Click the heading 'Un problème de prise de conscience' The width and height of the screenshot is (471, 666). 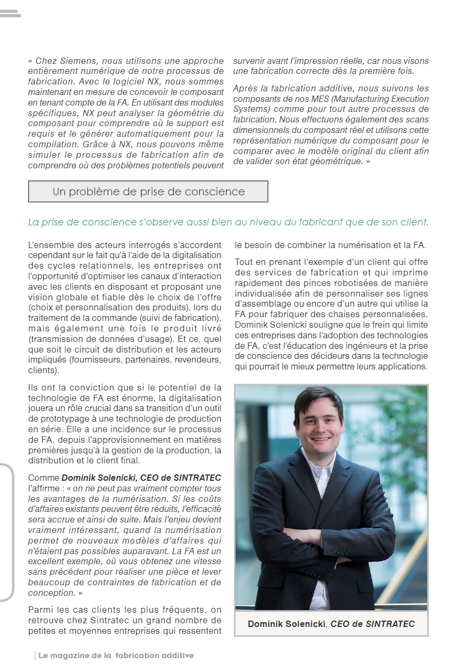148,192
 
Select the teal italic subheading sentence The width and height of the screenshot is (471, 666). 228,222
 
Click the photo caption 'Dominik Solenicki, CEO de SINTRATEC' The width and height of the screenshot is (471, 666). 331,624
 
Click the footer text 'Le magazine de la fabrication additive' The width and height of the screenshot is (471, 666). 116,655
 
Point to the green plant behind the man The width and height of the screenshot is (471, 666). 407,433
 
